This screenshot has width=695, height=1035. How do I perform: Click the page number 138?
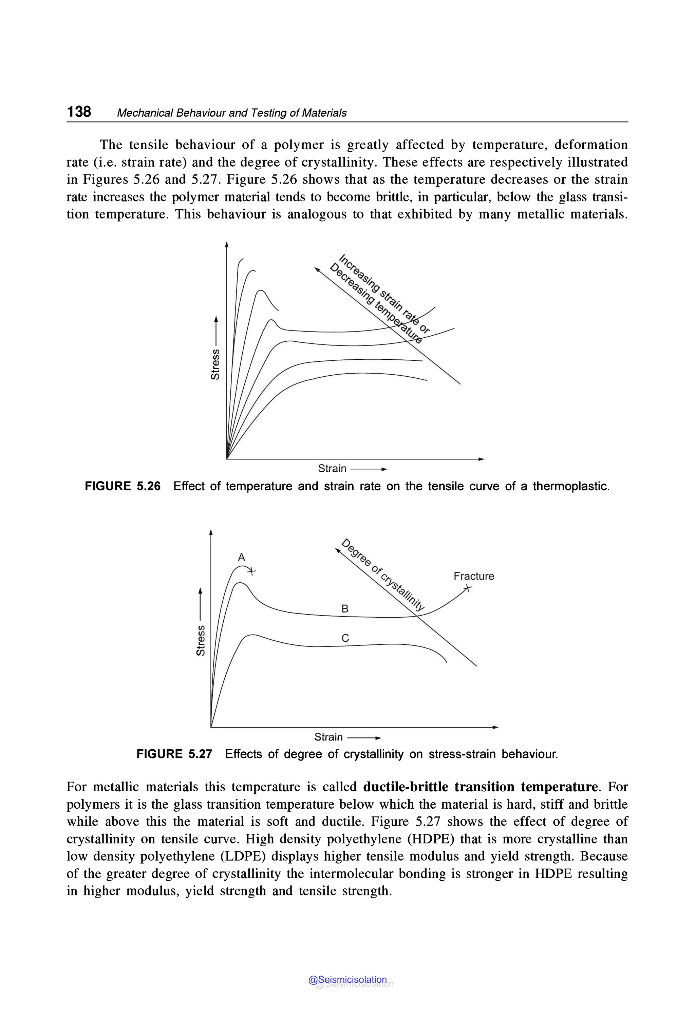(x=79, y=111)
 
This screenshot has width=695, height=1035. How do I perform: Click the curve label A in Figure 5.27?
(x=242, y=557)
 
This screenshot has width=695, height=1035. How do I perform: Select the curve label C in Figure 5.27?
(x=345, y=638)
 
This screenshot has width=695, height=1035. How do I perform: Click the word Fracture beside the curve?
(x=473, y=576)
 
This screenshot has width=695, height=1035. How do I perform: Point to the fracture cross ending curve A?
(x=251, y=571)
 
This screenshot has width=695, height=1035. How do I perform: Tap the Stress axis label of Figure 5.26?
(x=215, y=364)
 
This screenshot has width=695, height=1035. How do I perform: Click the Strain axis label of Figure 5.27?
(x=328, y=737)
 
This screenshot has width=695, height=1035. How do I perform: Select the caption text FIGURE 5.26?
(x=123, y=486)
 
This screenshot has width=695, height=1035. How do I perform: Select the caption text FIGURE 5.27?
(x=174, y=754)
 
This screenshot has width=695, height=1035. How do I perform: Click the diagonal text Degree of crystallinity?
(x=383, y=575)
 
